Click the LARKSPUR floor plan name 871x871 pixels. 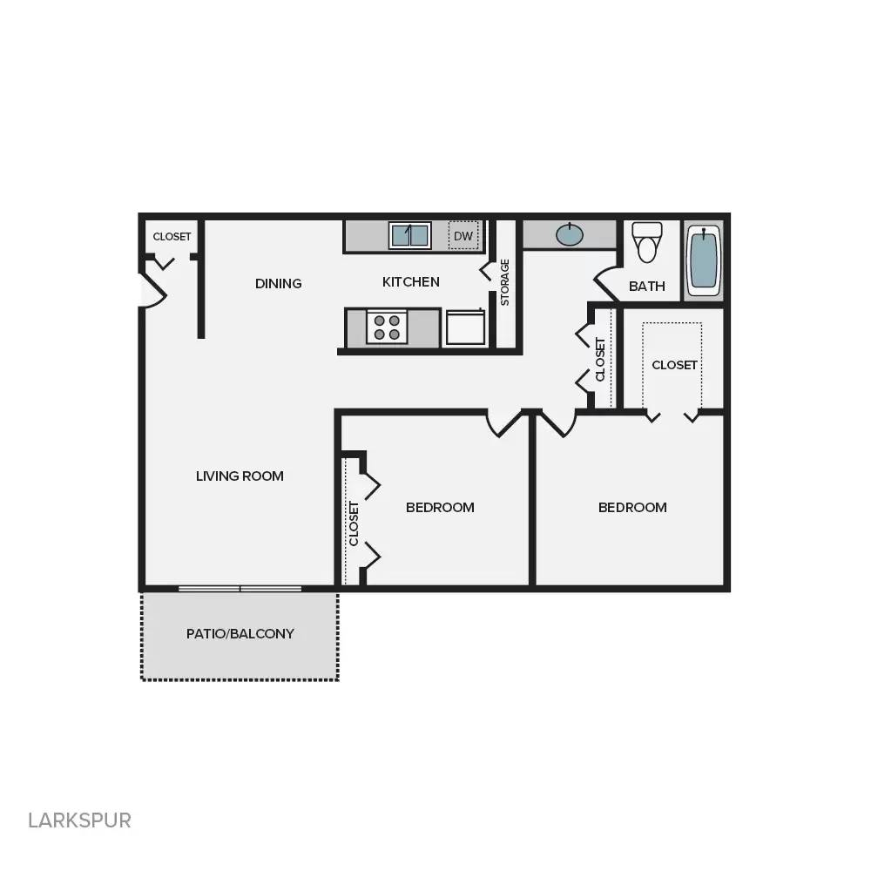click(79, 820)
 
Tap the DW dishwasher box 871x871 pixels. click(463, 235)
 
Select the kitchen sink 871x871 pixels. click(409, 235)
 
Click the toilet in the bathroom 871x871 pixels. click(646, 241)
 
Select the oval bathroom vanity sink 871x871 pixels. click(570, 234)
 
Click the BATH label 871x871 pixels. click(647, 286)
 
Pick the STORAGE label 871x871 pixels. click(504, 282)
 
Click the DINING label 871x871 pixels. click(279, 283)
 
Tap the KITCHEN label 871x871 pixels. click(411, 281)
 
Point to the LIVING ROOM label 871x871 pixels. click(240, 476)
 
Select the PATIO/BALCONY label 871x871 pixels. click(240, 633)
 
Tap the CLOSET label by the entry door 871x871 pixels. click(172, 236)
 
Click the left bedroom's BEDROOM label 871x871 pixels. click(440, 507)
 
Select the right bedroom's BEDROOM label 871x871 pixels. click(632, 507)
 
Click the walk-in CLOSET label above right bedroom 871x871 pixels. click(675, 365)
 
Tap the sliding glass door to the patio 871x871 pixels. click(240, 589)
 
